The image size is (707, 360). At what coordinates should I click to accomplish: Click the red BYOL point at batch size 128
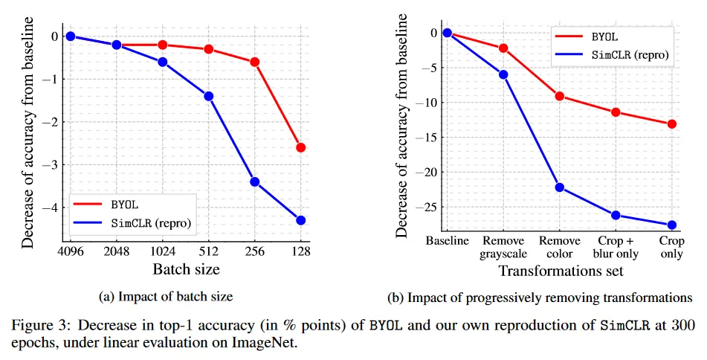[x=300, y=147]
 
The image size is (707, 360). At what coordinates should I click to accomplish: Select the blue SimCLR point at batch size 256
[x=254, y=181]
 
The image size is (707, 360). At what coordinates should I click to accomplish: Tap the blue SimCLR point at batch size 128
[x=300, y=220]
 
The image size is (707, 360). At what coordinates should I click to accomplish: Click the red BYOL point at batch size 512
[x=209, y=49]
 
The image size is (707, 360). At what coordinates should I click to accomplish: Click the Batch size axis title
[x=186, y=269]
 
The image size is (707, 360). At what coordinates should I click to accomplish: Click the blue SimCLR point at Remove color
[x=560, y=187]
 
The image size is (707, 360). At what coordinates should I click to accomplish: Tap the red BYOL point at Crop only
[x=672, y=123]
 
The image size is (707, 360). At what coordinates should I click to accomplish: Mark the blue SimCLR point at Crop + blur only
[x=616, y=215]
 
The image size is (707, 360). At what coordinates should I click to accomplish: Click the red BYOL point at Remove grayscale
[x=503, y=48]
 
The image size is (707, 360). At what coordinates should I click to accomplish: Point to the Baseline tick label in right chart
[x=447, y=241]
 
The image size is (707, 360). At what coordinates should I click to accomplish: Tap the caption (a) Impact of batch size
[x=166, y=296]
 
